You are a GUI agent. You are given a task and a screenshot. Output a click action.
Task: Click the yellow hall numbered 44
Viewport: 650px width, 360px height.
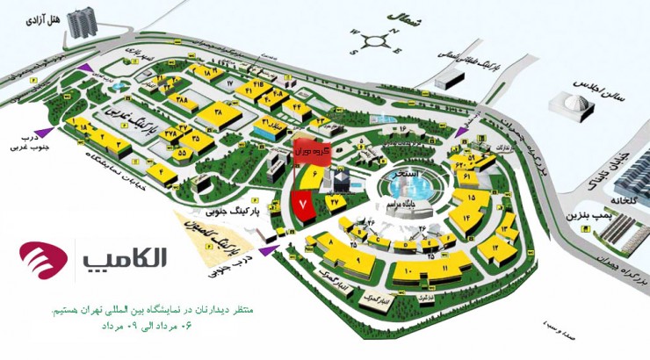click(x=296, y=108)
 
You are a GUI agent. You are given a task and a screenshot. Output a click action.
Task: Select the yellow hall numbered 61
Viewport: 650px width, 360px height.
click(x=467, y=178)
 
